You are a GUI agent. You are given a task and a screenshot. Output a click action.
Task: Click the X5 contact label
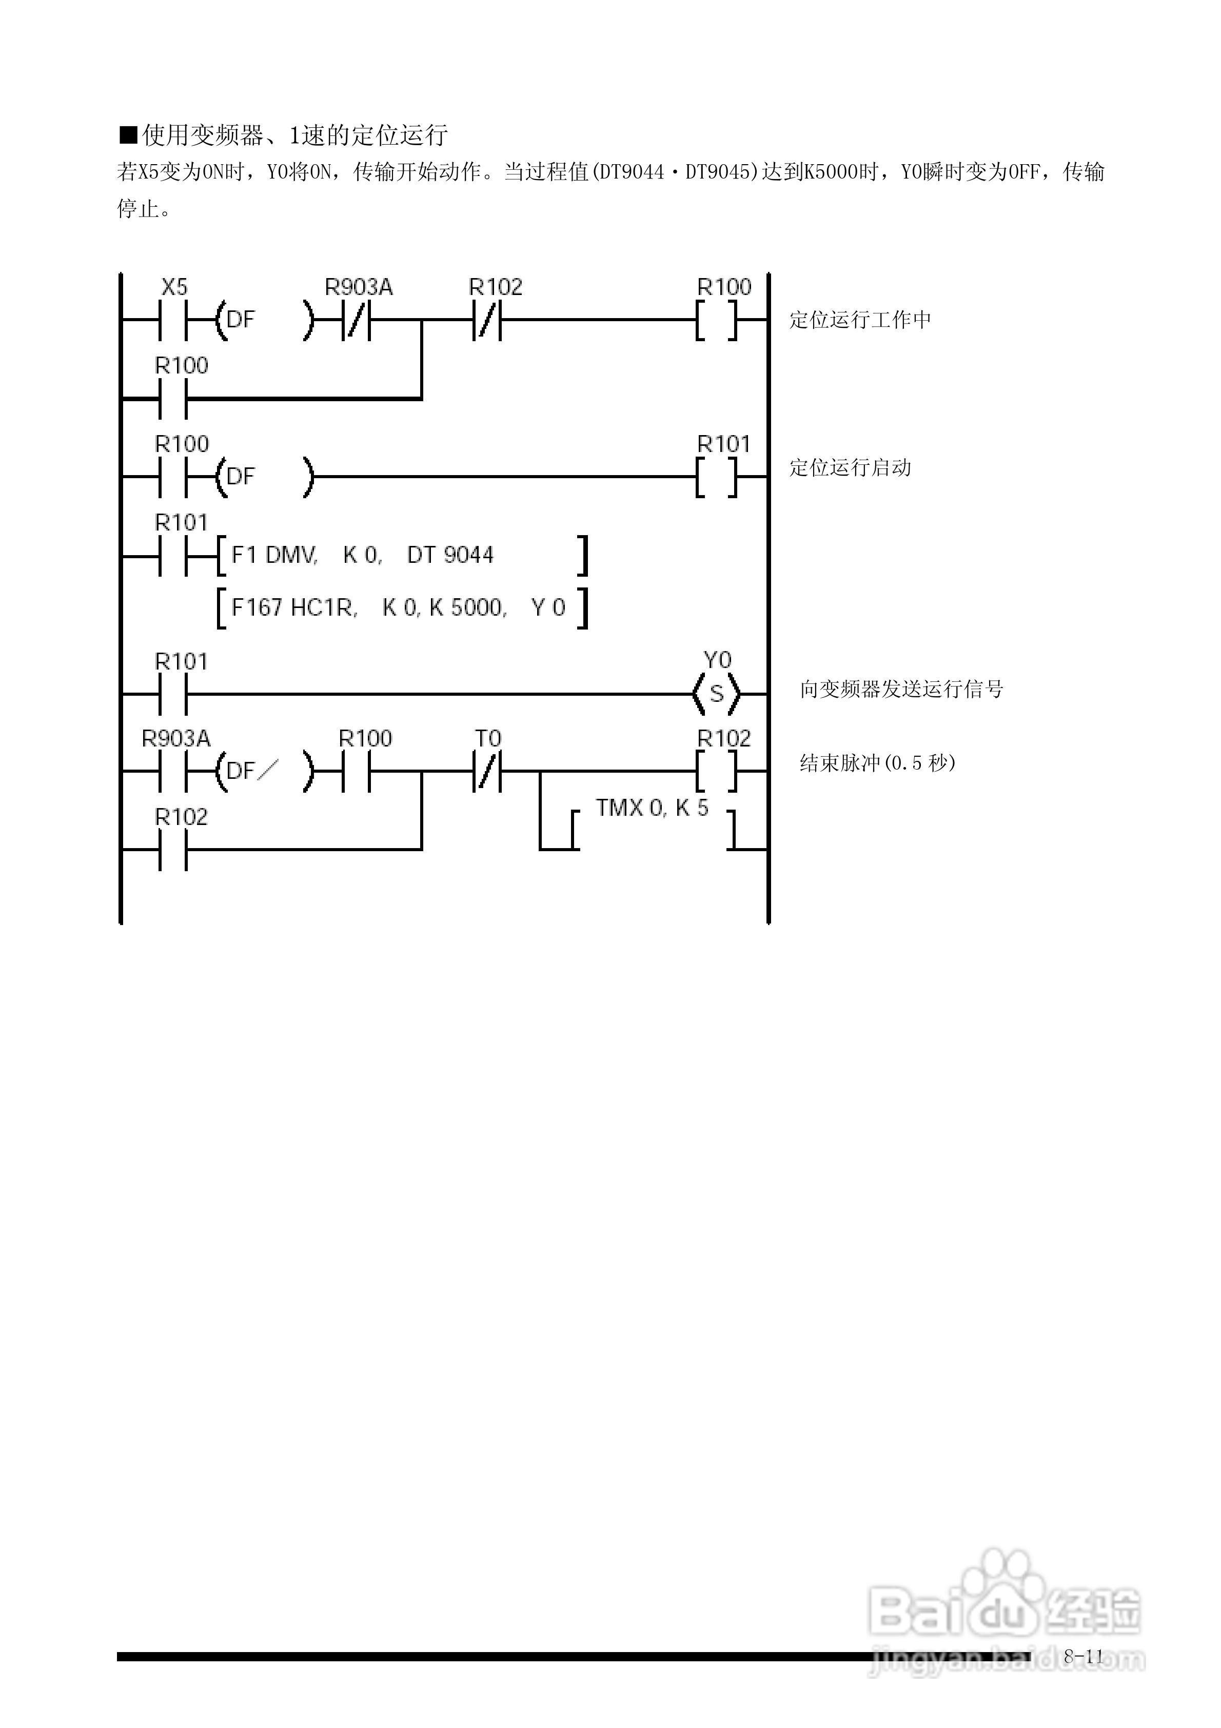click(x=174, y=287)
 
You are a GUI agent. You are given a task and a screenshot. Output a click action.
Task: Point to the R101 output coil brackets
click(x=716, y=477)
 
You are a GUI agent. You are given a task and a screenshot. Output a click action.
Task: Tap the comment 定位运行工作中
click(x=860, y=320)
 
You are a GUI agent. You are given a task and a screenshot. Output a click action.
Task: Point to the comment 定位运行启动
click(x=850, y=468)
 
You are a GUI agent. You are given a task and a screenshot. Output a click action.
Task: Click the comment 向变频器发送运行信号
click(x=901, y=689)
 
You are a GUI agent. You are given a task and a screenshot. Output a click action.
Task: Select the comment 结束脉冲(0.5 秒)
click(x=877, y=763)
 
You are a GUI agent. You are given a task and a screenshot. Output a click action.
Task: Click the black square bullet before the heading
click(x=128, y=135)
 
